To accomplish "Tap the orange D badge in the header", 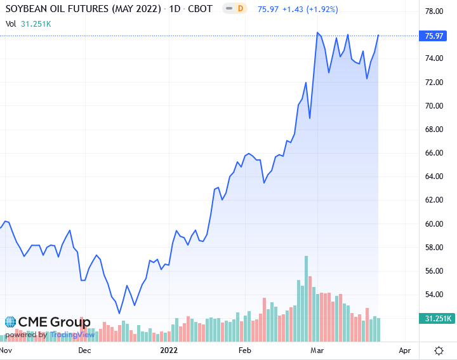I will [x=240, y=9].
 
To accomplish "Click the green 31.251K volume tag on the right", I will [x=435, y=319].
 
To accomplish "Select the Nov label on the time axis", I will [x=6, y=350].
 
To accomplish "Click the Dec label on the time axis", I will [x=84, y=350].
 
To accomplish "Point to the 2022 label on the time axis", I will [x=168, y=350].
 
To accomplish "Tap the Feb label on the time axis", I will [x=244, y=350].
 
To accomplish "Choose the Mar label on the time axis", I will [x=317, y=350].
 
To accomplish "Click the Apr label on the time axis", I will [x=404, y=350].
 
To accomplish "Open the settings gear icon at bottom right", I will [x=439, y=350].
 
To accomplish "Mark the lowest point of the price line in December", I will [x=119, y=313].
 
